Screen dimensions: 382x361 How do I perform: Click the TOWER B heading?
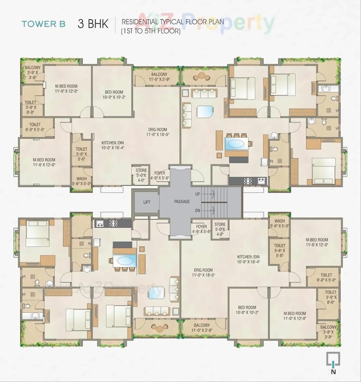coord(43,24)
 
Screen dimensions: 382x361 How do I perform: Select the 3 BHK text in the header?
coord(93,24)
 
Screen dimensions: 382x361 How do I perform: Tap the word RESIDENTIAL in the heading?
coord(139,22)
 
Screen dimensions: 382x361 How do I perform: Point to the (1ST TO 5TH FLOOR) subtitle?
coord(151,31)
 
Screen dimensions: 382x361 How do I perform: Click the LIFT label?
coord(147,202)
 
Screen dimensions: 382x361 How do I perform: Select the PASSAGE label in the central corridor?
coord(182,202)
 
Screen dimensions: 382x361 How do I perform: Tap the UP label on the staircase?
coord(197,194)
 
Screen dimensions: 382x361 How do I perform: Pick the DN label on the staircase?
coord(197,211)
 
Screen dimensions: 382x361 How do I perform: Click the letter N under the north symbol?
coord(333,372)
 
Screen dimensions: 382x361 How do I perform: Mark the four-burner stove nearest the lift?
coord(113,224)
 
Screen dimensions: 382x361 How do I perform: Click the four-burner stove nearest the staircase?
coord(248,181)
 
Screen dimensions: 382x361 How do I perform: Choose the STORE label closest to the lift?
coord(141,175)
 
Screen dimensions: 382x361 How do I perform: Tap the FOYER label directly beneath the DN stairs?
coord(201,229)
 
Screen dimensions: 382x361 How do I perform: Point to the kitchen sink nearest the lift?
coord(100,224)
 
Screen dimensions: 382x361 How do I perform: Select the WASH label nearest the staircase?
coord(279,223)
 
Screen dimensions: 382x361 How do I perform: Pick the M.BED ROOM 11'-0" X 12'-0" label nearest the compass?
coord(295,316)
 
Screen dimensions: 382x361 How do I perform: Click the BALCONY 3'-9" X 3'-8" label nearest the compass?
coord(328,332)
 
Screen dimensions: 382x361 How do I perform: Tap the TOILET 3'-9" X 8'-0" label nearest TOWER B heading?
coord(30,107)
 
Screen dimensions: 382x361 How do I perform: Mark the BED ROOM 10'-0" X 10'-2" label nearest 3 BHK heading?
coord(114,94)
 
